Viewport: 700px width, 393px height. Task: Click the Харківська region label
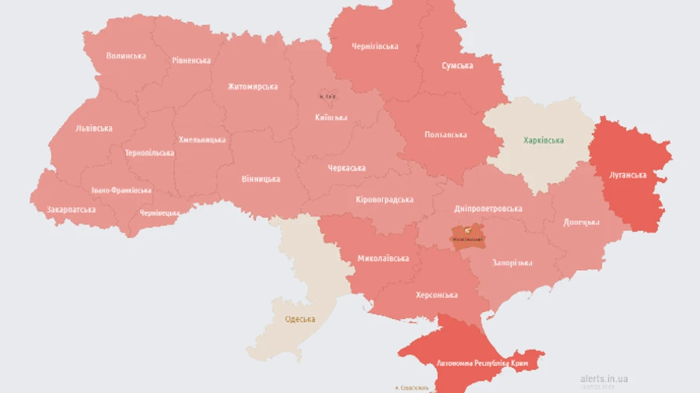coord(543,141)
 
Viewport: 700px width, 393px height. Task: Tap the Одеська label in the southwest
coord(299,319)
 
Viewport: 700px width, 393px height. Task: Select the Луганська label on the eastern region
coord(627,174)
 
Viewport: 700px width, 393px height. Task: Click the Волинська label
coord(125,56)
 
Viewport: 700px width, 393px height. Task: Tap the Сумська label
coord(457,65)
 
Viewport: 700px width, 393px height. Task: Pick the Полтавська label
coord(446,135)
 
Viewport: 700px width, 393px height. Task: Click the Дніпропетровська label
coord(488,209)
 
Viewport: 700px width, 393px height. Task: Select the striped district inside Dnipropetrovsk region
coord(467,235)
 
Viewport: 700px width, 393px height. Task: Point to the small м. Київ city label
coord(328,96)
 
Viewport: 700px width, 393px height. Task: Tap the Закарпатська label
coord(71,209)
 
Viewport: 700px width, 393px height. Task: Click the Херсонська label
coord(436,295)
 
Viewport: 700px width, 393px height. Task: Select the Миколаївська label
coord(383,258)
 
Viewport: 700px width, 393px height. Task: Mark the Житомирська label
coord(252,86)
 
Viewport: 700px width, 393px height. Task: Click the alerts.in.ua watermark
coord(604,378)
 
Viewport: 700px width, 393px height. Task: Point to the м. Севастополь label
coord(411,388)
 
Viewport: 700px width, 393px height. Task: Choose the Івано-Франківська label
coord(121,190)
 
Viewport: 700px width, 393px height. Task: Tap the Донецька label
coord(582,222)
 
